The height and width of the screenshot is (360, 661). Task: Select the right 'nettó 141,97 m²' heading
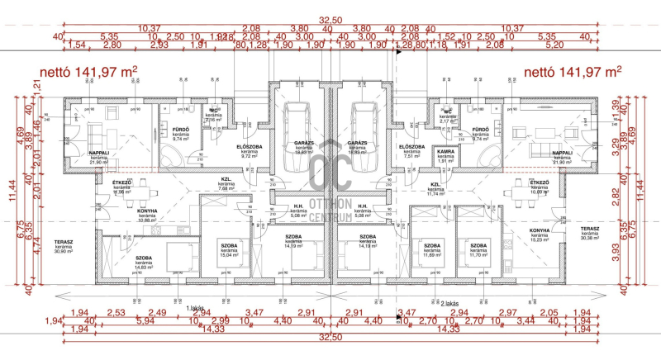tap(573, 73)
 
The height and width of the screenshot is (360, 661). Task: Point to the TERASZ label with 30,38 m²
tap(589, 232)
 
